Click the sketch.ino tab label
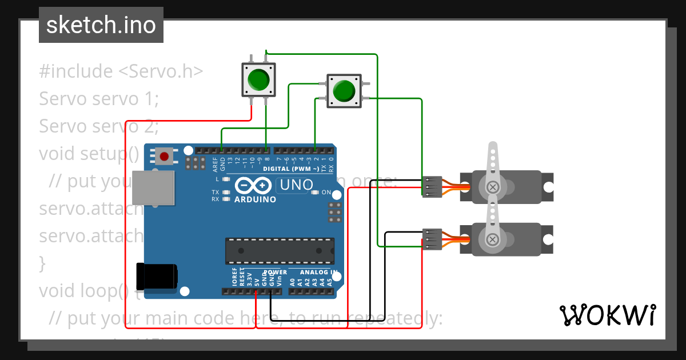pos(101,25)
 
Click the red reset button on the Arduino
pos(165,156)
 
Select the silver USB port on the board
pos(153,187)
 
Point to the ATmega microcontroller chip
pos(280,249)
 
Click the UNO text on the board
pos(295,185)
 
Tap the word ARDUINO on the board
pos(255,199)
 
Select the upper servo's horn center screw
pos(492,187)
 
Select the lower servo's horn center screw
pos(492,239)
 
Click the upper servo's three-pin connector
pos(432,187)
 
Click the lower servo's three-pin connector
pos(432,239)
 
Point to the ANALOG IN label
pos(318,272)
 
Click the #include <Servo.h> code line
pos(121,71)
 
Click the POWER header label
pos(276,272)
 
